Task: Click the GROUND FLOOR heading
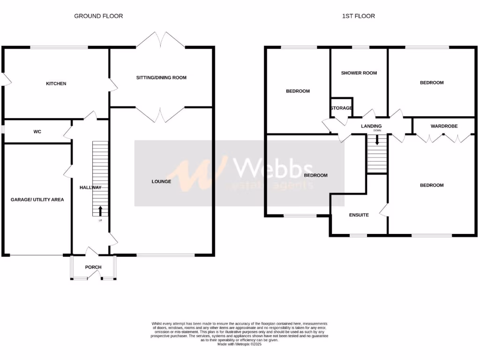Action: coord(98,16)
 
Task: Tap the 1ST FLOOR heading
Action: coord(358,16)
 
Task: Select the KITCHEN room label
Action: coord(56,84)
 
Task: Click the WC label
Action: coord(37,132)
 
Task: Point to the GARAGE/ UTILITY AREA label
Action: coord(37,199)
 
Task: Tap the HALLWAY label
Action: coord(90,187)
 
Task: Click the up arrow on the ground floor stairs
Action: coord(100,210)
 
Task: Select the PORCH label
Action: coord(93,267)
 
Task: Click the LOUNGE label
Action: coord(161,181)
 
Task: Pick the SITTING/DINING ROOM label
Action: coord(161,77)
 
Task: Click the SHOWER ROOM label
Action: coord(359,73)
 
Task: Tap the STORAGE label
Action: coord(341,108)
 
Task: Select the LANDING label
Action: coord(371,126)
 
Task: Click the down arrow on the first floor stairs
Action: coord(376,139)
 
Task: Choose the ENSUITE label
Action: coord(359,215)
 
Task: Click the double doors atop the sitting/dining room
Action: coord(161,40)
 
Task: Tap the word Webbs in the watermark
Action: coord(274,168)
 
